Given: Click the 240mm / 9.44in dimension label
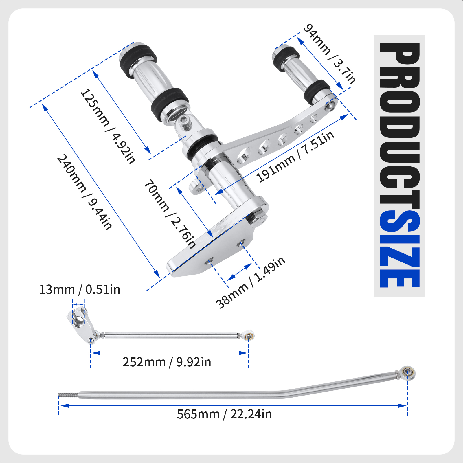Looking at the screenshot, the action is [84, 192].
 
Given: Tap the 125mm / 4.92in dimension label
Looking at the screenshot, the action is [108, 126].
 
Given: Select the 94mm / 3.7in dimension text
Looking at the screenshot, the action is [330, 54].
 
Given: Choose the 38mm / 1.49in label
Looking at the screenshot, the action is [251, 283].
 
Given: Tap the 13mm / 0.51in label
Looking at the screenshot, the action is [80, 289].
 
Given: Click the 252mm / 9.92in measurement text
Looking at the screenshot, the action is [167, 362].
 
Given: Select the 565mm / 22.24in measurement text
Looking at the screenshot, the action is [225, 414].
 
